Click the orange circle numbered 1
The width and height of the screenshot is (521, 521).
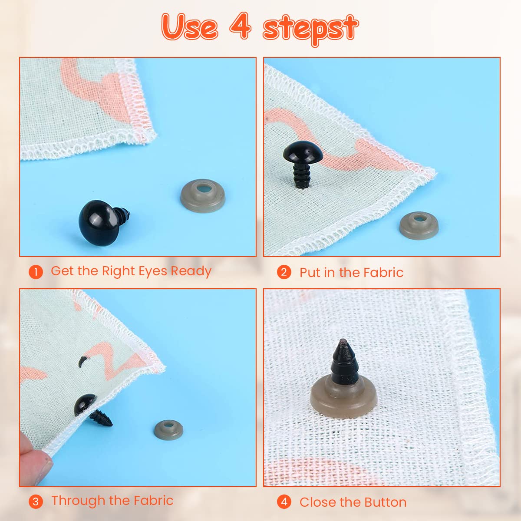tap(36, 272)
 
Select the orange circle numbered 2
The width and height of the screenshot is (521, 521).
tap(284, 272)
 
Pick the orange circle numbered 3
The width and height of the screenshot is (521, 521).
tap(36, 502)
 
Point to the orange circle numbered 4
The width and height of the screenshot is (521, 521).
tap(284, 502)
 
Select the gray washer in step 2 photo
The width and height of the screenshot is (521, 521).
tap(419, 225)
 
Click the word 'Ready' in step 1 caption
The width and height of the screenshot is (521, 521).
tap(191, 271)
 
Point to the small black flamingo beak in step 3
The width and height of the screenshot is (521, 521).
tap(82, 360)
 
